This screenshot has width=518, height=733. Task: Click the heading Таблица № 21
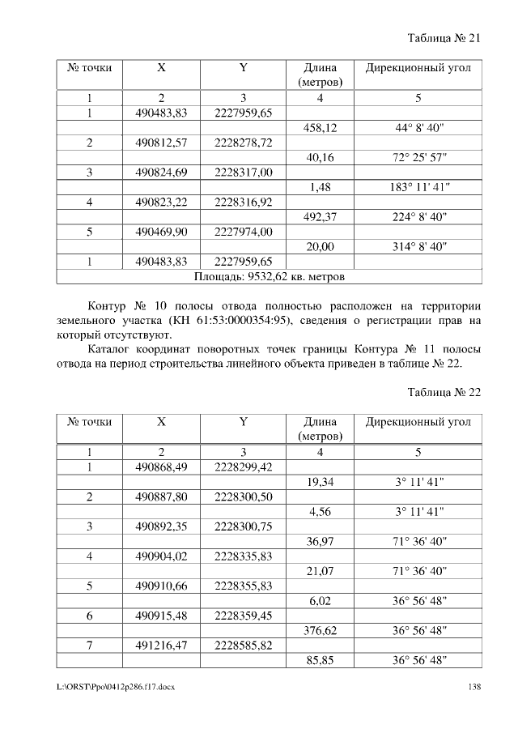(444, 38)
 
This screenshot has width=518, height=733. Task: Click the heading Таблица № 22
(444, 392)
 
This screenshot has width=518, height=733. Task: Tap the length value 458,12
(320, 128)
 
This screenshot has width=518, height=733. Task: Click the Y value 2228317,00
(243, 173)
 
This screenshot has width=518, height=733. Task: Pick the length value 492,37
(320, 217)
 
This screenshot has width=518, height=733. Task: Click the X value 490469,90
(161, 232)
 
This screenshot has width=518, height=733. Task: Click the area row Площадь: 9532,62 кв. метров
(270, 276)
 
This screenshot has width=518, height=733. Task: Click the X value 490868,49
(161, 467)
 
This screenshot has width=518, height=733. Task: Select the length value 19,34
(320, 482)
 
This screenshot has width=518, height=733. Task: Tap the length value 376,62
(320, 629)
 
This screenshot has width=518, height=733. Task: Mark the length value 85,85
(320, 659)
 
